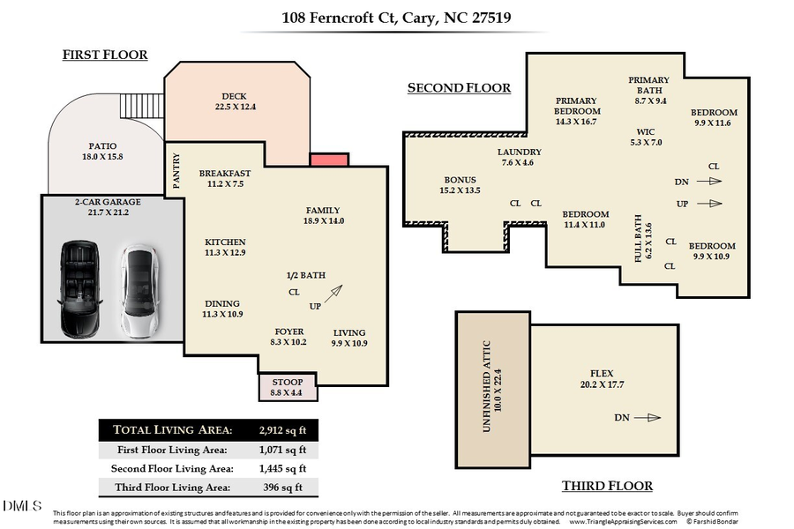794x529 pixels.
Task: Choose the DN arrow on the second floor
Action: [708, 182]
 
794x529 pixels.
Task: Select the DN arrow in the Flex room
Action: [647, 418]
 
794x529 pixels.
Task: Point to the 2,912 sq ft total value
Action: [282, 429]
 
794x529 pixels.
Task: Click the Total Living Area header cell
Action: [171, 429]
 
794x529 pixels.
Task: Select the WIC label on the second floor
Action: [645, 131]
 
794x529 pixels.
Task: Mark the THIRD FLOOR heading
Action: [607, 486]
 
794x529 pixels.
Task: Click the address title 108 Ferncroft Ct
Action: [397, 17]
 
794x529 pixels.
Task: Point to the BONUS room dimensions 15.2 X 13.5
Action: [461, 190]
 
